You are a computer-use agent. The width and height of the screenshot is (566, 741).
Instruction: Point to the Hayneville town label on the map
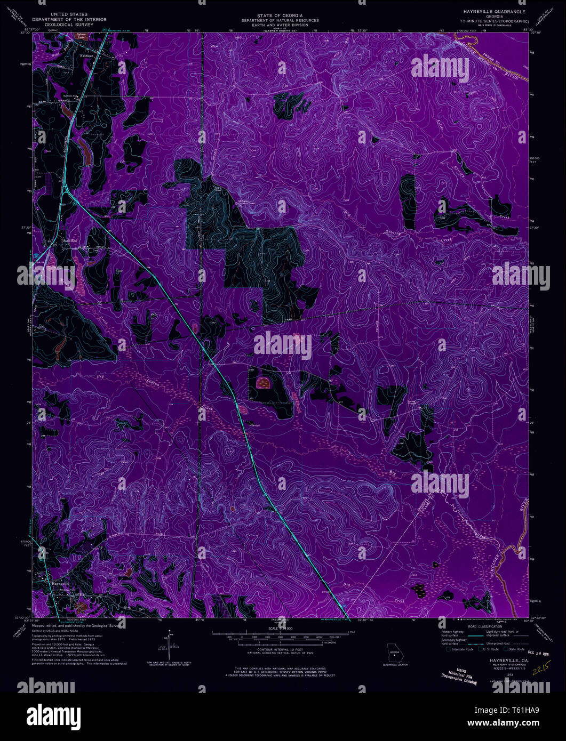click(x=61, y=582)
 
